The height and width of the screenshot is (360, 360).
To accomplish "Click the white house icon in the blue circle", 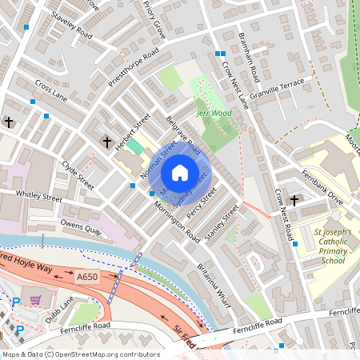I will (180, 173).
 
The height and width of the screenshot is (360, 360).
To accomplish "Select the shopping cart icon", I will (35, 300).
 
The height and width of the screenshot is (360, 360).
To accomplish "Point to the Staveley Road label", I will (71, 25).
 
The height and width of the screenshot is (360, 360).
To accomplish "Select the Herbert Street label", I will (133, 130).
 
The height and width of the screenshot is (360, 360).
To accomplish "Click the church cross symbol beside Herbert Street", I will (106, 142).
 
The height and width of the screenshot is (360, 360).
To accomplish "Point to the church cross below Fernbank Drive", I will (294, 200).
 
